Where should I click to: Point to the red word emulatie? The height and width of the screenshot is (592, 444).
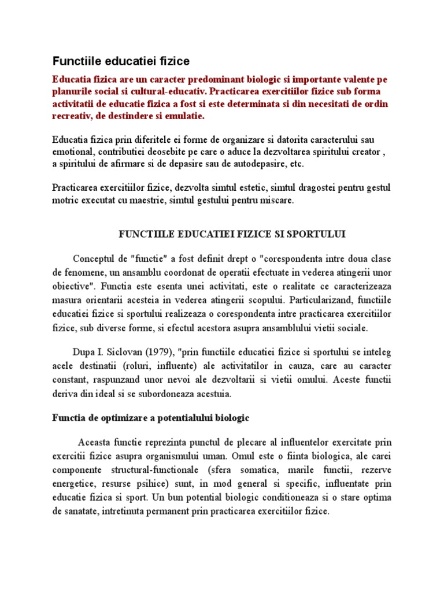186,116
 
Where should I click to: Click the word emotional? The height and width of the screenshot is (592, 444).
73,151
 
